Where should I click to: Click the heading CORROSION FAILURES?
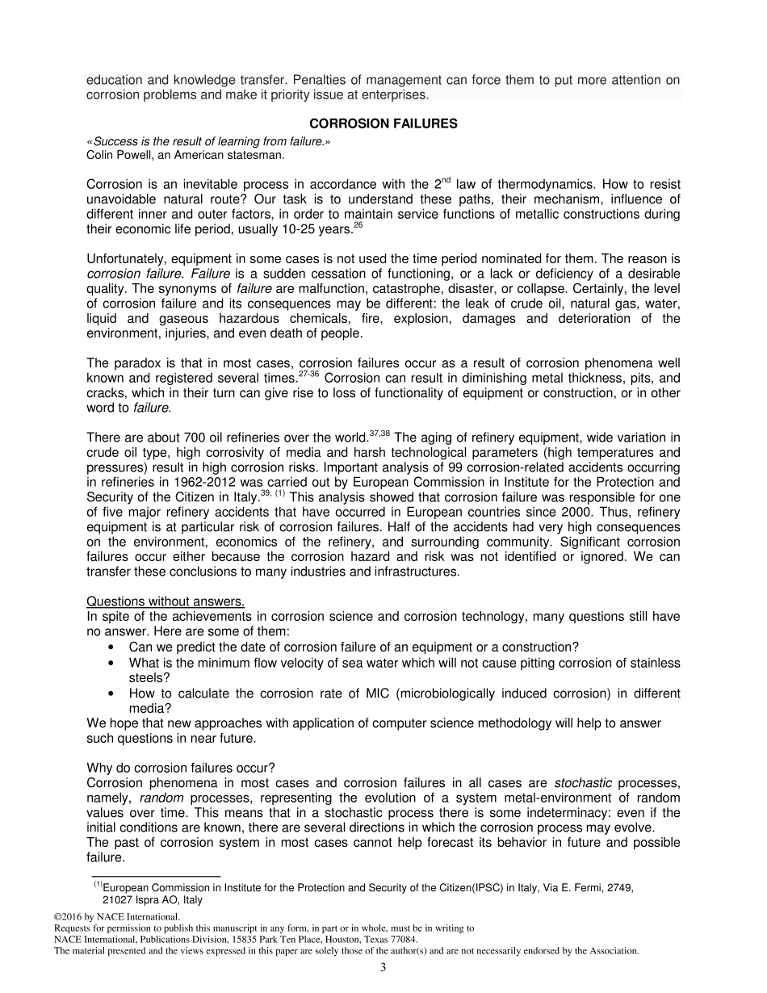coord(383,124)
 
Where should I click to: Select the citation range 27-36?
coord(310,375)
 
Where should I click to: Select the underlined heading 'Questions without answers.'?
coord(165,602)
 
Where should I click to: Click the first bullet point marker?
coord(111,647)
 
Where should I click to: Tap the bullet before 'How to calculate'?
coord(111,693)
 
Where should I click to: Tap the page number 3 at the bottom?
coord(383,968)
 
